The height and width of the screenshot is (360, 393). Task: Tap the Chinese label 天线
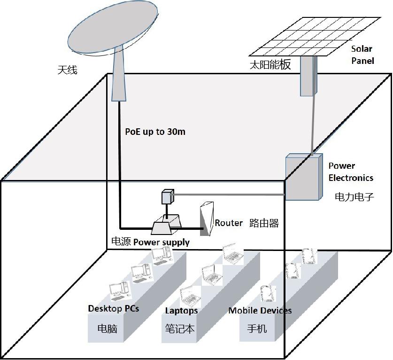(67, 70)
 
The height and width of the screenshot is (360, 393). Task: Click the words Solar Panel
(362, 55)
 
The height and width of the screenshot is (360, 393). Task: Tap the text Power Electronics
(350, 172)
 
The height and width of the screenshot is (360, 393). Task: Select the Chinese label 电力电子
(354, 197)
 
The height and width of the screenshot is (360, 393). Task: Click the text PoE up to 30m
(155, 132)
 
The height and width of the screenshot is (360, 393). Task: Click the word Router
(229, 223)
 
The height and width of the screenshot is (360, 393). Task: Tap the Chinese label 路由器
(264, 223)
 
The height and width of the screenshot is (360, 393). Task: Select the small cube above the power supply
(168, 196)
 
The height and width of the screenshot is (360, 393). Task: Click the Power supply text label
(162, 243)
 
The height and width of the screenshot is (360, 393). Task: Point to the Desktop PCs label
(114, 309)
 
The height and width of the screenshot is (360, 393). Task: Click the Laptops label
(181, 311)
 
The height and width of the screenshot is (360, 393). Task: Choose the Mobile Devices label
(260, 311)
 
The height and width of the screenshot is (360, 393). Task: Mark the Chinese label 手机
(257, 328)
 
